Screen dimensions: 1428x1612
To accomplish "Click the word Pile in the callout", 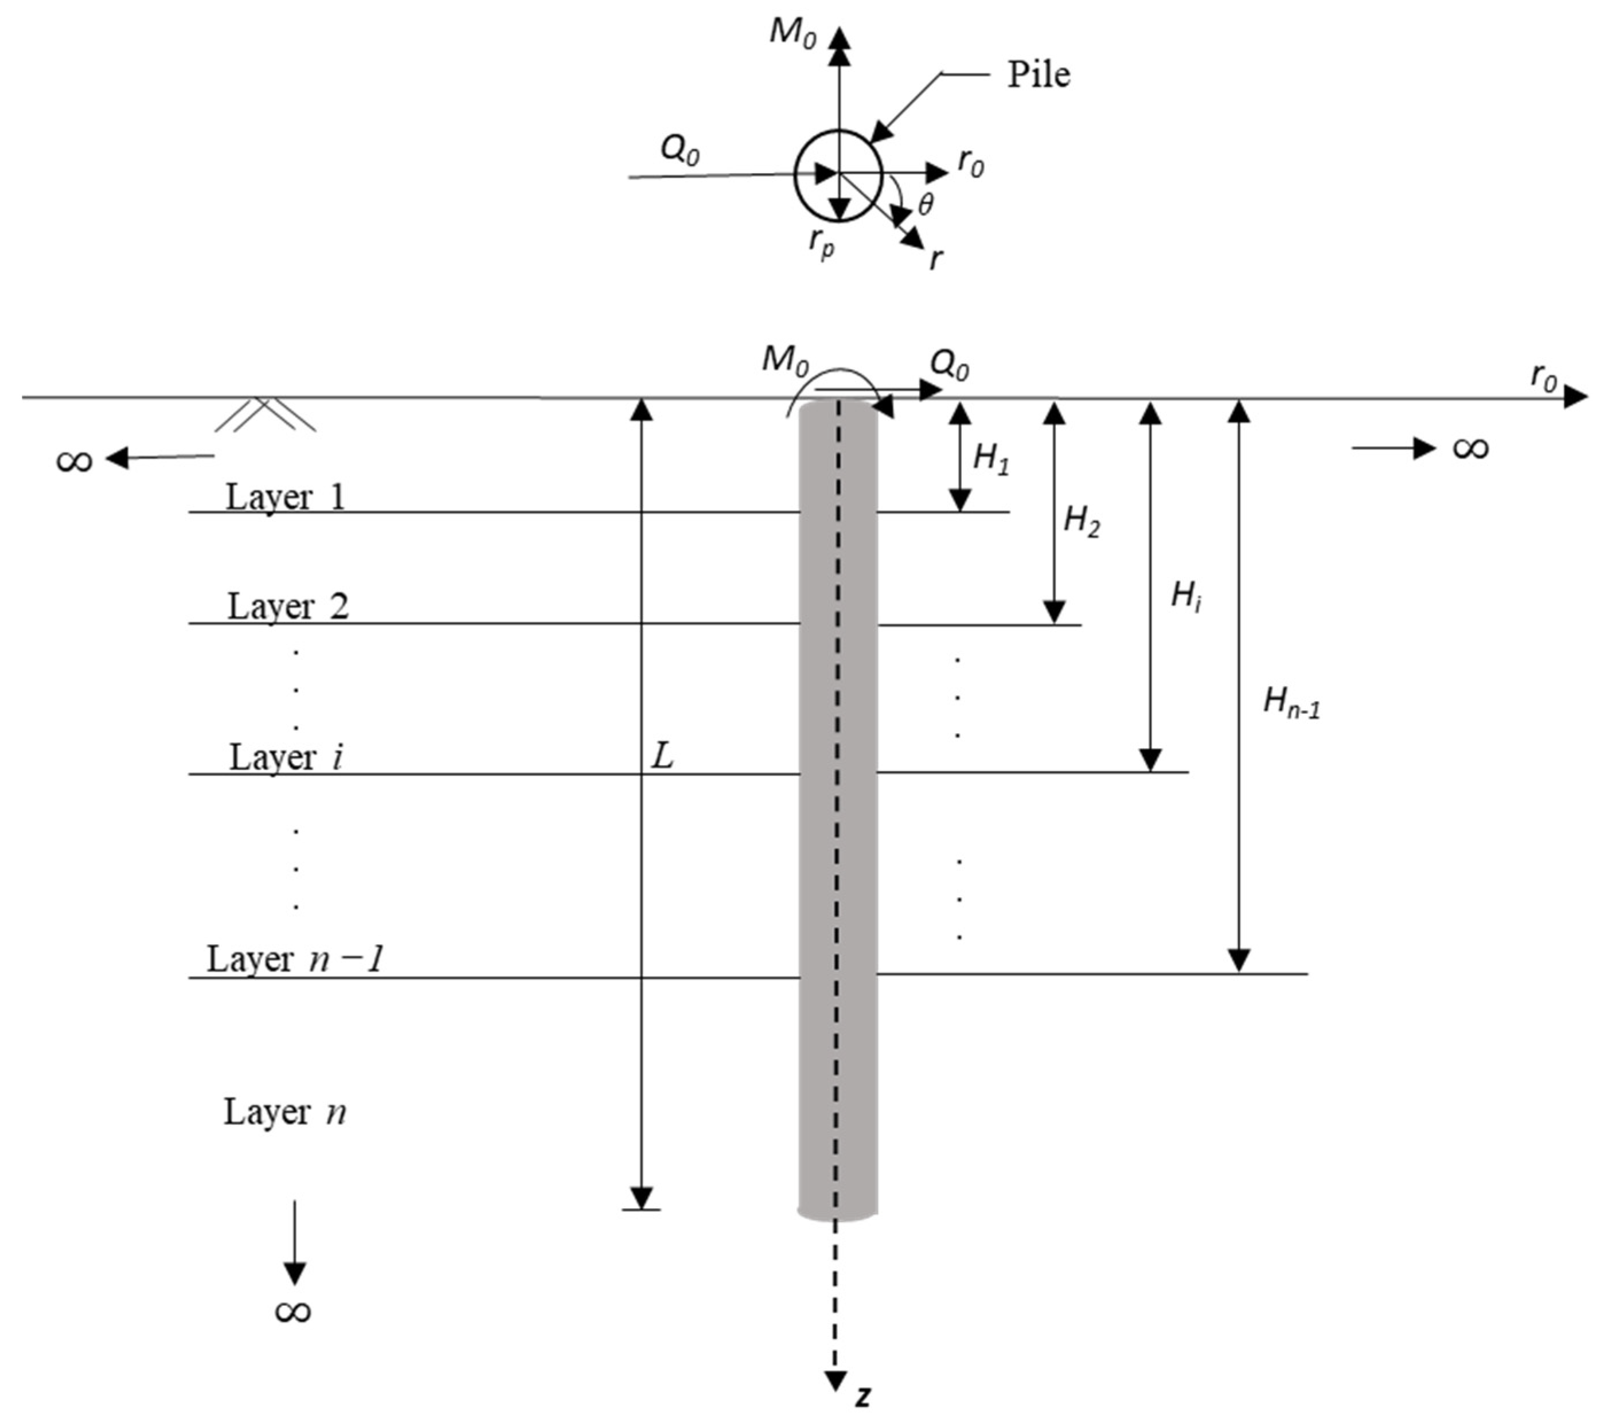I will (1038, 76).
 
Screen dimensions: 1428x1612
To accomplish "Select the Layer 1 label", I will (286, 498).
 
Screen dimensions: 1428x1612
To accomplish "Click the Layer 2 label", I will (288, 607).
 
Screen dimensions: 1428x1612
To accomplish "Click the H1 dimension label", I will (990, 458).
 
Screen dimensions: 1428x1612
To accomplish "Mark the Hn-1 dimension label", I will (1291, 701).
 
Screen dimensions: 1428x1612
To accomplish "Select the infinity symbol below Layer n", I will (292, 1311).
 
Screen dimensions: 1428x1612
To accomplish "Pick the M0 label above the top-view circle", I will (793, 33).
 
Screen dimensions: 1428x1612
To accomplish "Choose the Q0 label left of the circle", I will (679, 149).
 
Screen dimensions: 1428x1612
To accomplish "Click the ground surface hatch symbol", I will (265, 415).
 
